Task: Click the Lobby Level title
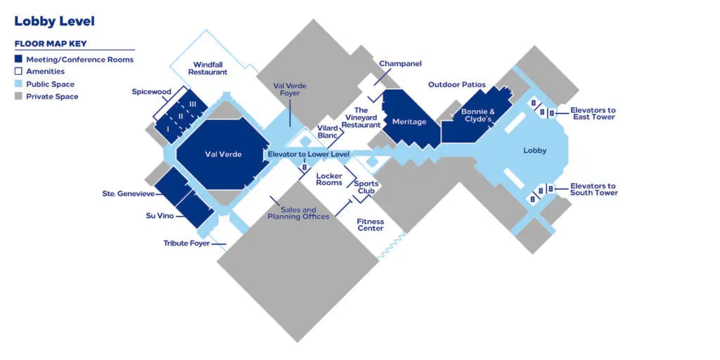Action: pyautogui.click(x=55, y=22)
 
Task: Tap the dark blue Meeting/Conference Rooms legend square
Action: pyautogui.click(x=18, y=59)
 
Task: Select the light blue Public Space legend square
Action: pyautogui.click(x=18, y=84)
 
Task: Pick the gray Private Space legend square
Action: pyautogui.click(x=18, y=96)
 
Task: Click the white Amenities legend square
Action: pyautogui.click(x=18, y=72)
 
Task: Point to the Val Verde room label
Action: pyautogui.click(x=223, y=154)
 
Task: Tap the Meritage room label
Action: pyautogui.click(x=409, y=122)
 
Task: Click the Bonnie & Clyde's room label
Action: pyautogui.click(x=477, y=115)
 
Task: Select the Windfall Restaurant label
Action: pyautogui.click(x=208, y=68)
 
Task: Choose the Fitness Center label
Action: pyautogui.click(x=371, y=225)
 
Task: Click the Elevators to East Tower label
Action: pyautogui.click(x=593, y=113)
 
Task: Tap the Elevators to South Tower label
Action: pyautogui.click(x=593, y=189)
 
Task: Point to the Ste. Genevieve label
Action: pyautogui.click(x=129, y=194)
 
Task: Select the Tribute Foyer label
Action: pyautogui.click(x=186, y=243)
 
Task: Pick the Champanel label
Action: pyautogui.click(x=400, y=64)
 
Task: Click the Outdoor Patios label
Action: pyautogui.click(x=457, y=85)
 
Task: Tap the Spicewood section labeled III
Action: pyautogui.click(x=193, y=104)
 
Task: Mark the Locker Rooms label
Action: pyautogui.click(x=329, y=179)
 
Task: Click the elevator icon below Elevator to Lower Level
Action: pyautogui.click(x=304, y=167)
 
